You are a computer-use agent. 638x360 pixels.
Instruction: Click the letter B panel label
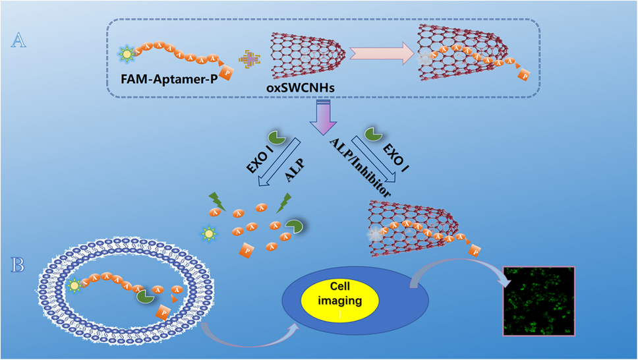(20, 266)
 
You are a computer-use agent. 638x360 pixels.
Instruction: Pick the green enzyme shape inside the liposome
(146, 296)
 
